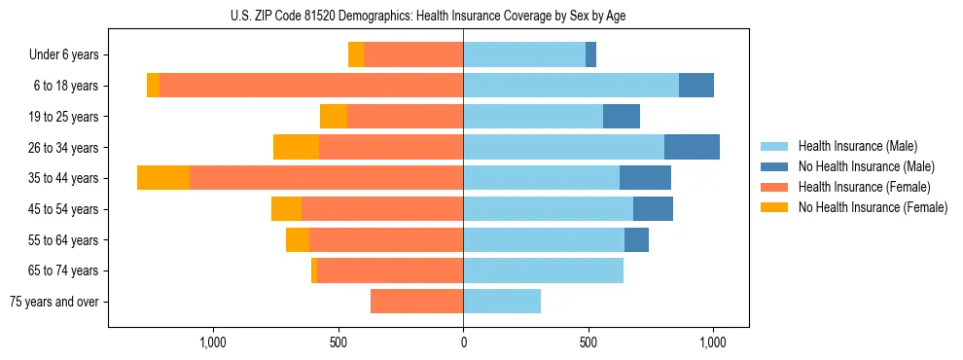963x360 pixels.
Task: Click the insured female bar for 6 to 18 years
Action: (x=311, y=86)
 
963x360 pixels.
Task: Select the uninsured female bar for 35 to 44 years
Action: (x=163, y=178)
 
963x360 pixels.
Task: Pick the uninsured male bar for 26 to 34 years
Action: (x=692, y=147)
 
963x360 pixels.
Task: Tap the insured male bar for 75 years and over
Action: (x=502, y=302)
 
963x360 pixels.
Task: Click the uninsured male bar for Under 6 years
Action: (x=590, y=54)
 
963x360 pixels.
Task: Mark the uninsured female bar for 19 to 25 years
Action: (x=334, y=117)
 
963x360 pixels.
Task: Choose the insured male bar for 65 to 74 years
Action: (x=543, y=270)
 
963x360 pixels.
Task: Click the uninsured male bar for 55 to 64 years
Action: (x=636, y=239)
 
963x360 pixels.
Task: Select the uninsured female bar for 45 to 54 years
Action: (x=286, y=209)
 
